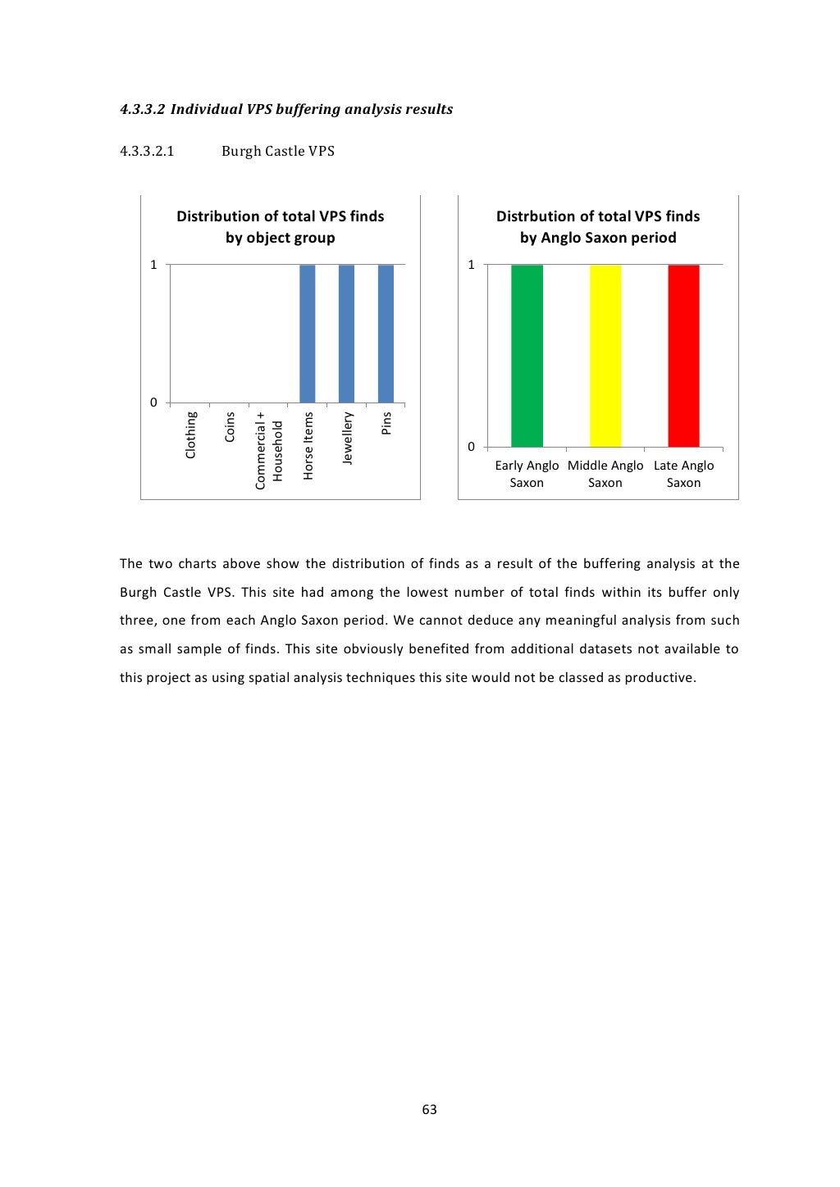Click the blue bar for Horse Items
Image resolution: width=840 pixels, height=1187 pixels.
308,334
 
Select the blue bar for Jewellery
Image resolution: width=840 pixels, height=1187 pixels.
346,334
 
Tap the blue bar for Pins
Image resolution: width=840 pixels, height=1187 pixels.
386,334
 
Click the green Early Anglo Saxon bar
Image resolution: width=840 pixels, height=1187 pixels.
527,356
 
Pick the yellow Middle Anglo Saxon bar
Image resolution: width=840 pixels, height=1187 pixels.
605,356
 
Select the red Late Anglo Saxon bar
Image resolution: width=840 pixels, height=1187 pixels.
683,356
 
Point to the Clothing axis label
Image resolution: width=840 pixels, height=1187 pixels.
191,435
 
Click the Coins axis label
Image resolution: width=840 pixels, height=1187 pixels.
230,427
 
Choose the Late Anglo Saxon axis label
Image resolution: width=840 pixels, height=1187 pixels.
683,474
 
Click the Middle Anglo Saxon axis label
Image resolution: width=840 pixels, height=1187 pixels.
605,474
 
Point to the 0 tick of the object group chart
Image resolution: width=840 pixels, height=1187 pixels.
153,402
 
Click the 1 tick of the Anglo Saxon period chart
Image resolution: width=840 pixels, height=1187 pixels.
471,265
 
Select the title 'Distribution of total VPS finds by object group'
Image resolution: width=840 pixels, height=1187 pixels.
281,227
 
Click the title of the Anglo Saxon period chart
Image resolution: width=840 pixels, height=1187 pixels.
598,227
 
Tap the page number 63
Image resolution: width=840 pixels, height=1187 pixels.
429,1110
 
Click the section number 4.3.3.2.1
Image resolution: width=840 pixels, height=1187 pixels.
147,151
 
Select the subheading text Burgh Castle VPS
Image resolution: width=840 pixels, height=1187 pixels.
278,151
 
